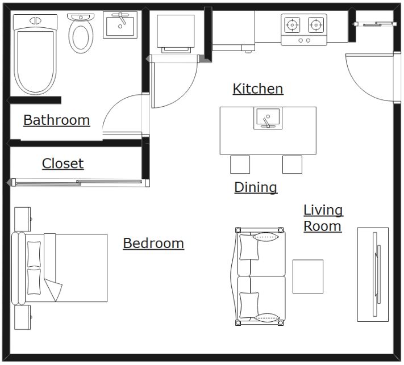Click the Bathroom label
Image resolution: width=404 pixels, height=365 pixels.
(57, 120)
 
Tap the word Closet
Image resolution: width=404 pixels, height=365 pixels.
(63, 163)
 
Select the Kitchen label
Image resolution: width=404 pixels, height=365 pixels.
(258, 89)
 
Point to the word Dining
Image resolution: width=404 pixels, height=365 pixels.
(256, 187)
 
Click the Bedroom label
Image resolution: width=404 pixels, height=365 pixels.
(153, 244)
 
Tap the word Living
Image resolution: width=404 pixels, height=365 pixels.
(323, 210)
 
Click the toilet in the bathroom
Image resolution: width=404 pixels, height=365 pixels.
(81, 33)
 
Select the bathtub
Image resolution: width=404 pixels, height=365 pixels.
(35, 54)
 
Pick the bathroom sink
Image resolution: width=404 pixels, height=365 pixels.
(120, 25)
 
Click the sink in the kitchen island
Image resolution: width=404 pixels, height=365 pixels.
(268, 118)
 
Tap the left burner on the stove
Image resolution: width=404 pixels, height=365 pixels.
(292, 25)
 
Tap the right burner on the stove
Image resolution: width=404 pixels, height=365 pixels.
(315, 25)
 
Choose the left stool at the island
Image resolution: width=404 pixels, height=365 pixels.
(240, 165)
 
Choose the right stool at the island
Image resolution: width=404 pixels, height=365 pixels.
(292, 165)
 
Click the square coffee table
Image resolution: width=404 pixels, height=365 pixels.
(308, 276)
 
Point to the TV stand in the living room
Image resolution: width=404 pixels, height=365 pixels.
(373, 274)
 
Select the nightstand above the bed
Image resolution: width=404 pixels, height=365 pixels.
(23, 219)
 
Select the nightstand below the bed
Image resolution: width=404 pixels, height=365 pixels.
(23, 317)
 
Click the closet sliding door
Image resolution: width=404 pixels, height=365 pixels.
(78, 183)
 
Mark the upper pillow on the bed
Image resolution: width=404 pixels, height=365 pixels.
(34, 254)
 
